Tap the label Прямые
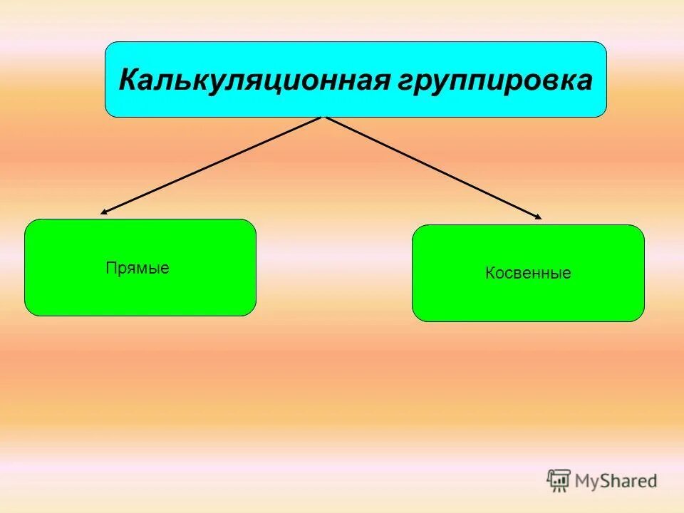[x=138, y=269]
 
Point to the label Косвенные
[x=528, y=273]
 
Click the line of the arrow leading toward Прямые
[x=214, y=165]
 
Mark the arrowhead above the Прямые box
[x=103, y=212]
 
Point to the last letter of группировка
[x=584, y=80]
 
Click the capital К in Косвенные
[x=490, y=273]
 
